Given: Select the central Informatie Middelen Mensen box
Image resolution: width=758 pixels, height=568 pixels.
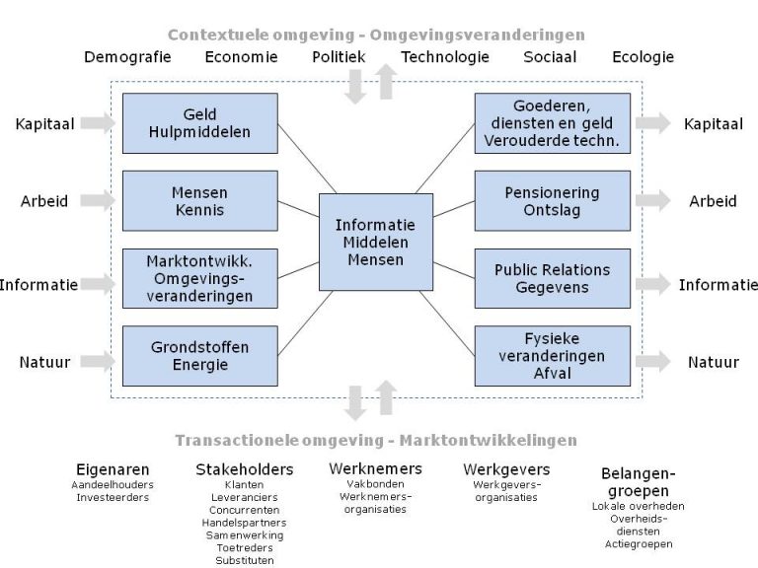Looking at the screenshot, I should coord(376,242).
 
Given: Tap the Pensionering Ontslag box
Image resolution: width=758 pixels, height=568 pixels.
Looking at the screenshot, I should coord(552,200).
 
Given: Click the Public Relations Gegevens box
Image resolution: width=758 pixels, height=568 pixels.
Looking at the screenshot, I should coord(552,278).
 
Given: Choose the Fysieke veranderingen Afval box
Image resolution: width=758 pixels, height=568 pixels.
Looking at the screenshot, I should coord(552,355).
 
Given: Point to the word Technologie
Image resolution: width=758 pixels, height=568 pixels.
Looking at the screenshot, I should coord(445,57).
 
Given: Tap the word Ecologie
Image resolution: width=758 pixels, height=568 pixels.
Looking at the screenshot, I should coord(643,57).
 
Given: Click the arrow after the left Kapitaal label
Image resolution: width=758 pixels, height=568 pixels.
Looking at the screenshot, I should coord(97,123).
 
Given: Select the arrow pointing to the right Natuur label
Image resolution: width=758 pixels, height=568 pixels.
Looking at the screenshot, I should coord(652,362).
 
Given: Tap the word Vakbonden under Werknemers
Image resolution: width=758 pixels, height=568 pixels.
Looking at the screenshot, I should coord(375,484).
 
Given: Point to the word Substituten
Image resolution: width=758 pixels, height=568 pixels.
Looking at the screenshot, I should coord(244,560).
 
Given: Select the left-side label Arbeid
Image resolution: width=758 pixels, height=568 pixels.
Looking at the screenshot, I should coord(44,201).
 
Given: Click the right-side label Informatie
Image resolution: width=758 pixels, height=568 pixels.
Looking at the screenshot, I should coord(718,285).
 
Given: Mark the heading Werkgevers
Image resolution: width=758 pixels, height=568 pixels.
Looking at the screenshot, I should coord(506,469).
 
